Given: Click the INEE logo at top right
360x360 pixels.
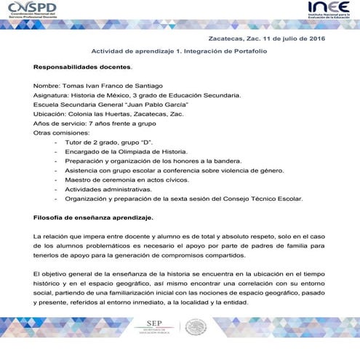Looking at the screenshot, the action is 327,9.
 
